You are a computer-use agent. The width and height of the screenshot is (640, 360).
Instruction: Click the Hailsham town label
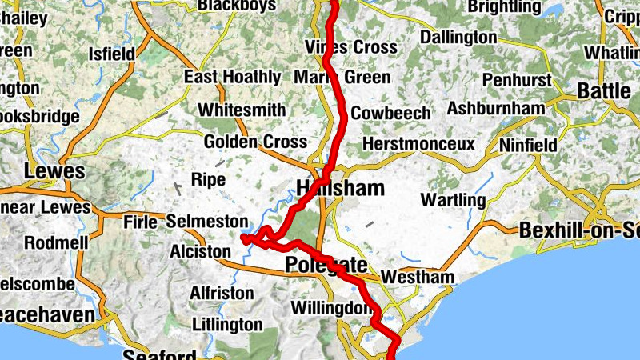click(x=340, y=189)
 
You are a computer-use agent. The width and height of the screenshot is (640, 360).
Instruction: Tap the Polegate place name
click(x=326, y=266)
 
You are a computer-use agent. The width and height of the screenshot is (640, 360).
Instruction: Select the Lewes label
click(x=54, y=171)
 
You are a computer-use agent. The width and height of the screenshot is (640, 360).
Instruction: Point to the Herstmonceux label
click(x=418, y=144)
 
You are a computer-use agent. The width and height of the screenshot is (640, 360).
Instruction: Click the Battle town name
click(x=604, y=91)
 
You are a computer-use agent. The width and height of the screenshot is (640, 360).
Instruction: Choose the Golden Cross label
click(x=255, y=142)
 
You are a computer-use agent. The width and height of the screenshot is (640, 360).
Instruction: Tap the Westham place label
click(x=418, y=278)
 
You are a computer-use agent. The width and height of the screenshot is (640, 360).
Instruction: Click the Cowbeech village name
click(x=390, y=113)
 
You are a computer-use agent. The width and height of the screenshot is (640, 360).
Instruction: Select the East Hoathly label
click(x=232, y=78)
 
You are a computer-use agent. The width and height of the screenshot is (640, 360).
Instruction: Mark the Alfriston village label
click(x=222, y=294)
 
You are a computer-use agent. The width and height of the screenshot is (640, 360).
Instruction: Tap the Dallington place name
click(x=458, y=38)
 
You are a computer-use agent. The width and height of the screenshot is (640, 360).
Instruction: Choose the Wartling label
click(x=453, y=199)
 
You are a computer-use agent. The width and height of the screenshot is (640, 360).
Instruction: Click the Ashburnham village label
click(x=497, y=108)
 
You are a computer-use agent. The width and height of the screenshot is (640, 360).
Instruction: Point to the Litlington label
click(x=227, y=325)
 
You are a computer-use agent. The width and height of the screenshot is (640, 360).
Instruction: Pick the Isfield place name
click(x=111, y=54)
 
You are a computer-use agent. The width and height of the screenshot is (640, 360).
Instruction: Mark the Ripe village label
click(x=205, y=180)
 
